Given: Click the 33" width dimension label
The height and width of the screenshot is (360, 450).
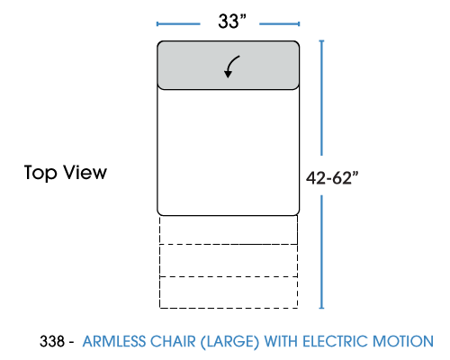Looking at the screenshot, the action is (x=232, y=22).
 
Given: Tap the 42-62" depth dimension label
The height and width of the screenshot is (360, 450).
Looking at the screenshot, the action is (x=332, y=177).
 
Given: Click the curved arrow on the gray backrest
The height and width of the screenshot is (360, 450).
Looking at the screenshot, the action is (x=230, y=67).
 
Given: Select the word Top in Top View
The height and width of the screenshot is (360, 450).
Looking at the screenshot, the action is (x=40, y=173).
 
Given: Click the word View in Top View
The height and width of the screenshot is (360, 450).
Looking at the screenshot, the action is (x=85, y=172).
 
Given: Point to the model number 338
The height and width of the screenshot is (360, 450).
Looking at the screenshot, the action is (x=52, y=341).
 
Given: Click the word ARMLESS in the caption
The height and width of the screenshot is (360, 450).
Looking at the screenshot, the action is (x=114, y=342).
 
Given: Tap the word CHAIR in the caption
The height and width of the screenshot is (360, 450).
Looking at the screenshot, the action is (x=173, y=342).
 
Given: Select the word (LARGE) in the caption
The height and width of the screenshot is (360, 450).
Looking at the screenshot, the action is (x=229, y=342).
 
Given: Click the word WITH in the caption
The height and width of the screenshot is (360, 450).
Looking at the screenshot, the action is (x=281, y=342).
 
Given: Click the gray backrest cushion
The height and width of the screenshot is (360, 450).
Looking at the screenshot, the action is (x=229, y=65).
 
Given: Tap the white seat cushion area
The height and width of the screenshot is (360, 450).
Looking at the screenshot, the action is (x=229, y=152).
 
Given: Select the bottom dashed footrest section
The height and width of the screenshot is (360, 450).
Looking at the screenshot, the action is (x=229, y=292).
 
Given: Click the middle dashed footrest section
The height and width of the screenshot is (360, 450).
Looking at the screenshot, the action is (x=229, y=260).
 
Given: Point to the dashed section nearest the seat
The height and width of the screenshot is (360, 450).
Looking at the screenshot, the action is (x=229, y=229).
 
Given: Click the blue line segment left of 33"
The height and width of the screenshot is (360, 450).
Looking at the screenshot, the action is (x=178, y=24).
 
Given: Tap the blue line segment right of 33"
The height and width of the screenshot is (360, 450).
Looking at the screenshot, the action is (x=280, y=24).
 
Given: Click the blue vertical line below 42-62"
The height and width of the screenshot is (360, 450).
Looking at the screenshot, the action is (x=321, y=252).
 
